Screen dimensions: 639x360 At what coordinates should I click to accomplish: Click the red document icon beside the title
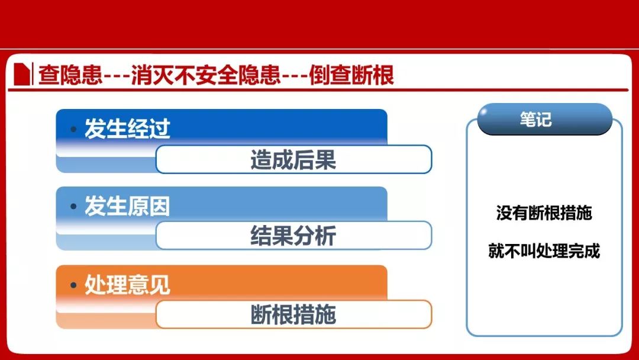click(x=22, y=74)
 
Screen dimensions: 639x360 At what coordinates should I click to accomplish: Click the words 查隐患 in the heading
click(x=70, y=75)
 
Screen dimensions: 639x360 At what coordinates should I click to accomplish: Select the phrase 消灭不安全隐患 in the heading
click(x=205, y=75)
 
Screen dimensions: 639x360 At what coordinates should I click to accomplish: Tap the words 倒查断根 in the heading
click(x=351, y=75)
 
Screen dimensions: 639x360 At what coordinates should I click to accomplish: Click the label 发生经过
click(x=127, y=128)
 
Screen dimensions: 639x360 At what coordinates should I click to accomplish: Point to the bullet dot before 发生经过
click(x=73, y=129)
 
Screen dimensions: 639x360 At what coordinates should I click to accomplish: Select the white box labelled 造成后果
click(x=293, y=159)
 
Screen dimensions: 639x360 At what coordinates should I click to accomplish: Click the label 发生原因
click(x=127, y=205)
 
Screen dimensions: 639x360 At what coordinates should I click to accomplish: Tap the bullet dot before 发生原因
click(x=73, y=206)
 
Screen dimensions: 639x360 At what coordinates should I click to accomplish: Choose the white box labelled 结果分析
click(x=293, y=235)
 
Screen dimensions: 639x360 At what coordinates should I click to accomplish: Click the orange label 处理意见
click(x=127, y=284)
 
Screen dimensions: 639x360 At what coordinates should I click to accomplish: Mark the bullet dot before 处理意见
click(x=73, y=285)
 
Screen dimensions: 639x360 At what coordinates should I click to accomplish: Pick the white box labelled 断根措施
click(x=293, y=314)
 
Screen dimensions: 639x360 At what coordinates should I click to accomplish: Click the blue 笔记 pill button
click(x=545, y=119)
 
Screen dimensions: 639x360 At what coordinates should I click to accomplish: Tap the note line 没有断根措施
click(x=544, y=213)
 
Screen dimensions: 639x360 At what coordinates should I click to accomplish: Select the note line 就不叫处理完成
click(x=544, y=250)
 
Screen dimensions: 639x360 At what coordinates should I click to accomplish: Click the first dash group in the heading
click(x=117, y=76)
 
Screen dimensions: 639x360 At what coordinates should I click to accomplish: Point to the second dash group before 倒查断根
click(x=294, y=76)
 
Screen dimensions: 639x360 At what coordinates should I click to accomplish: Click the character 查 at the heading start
click(x=49, y=75)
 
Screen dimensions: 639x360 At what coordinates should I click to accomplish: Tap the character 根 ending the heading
click(x=383, y=75)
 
